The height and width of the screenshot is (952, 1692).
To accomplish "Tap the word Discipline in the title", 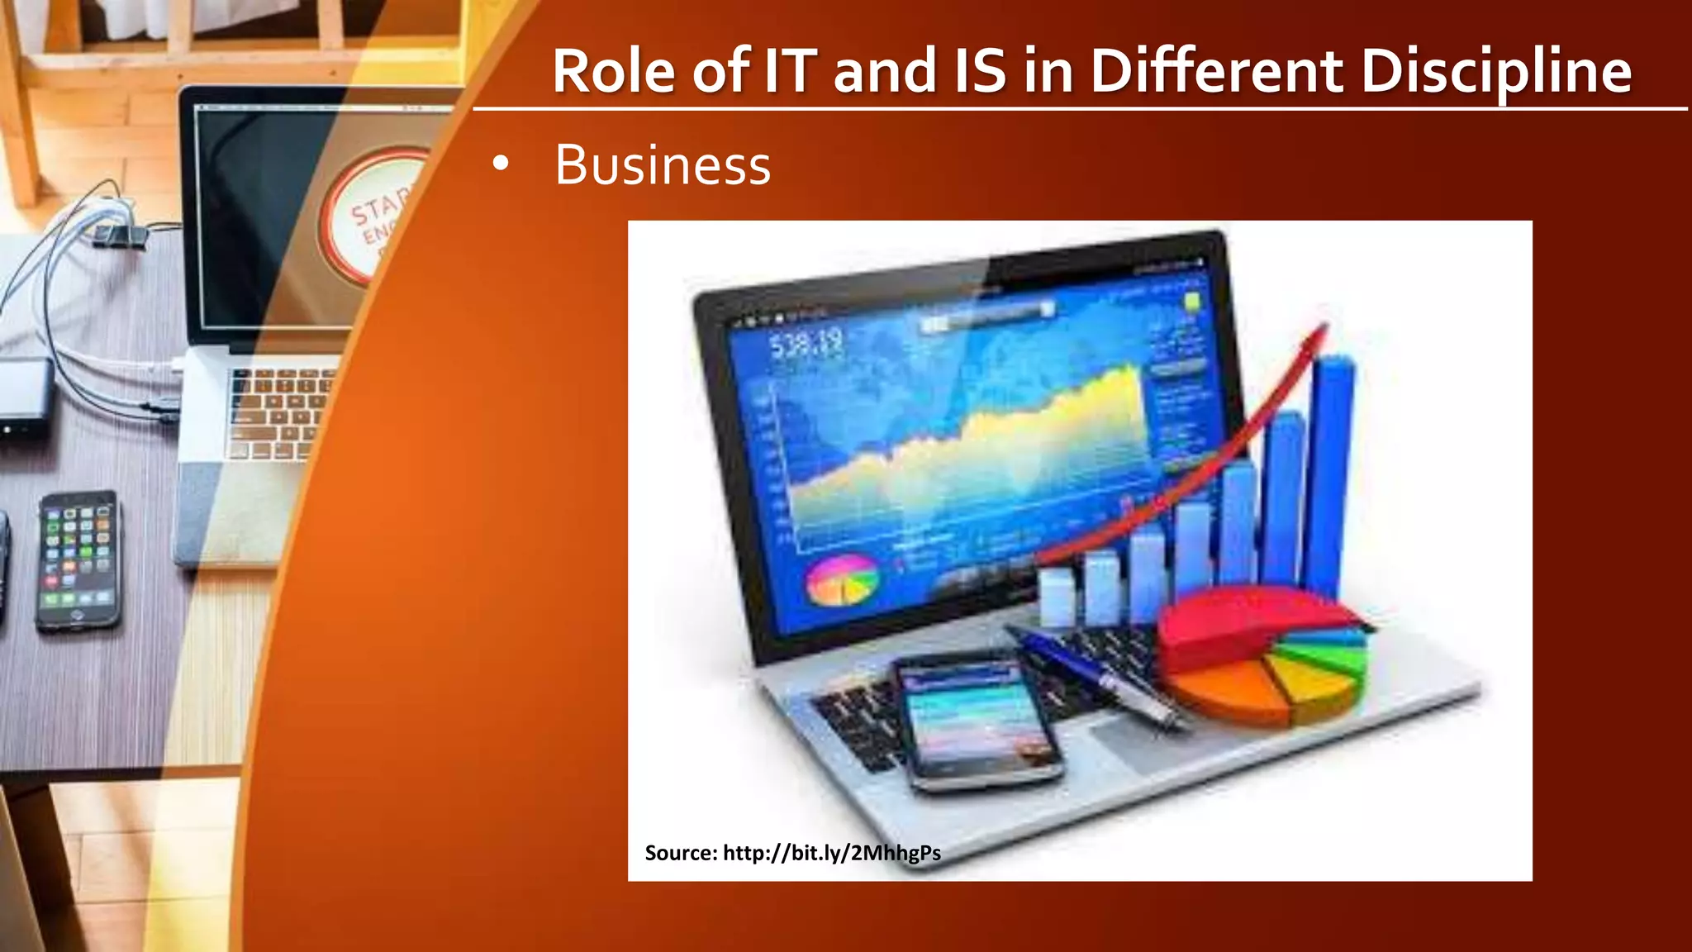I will tap(1495, 71).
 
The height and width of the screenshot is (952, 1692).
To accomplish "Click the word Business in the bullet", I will tap(663, 165).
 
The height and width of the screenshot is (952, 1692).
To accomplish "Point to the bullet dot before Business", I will tap(500, 164).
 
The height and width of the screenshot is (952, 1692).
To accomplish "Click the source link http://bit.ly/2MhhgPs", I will tap(831, 853).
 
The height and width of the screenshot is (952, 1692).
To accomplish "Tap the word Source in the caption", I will tap(680, 853).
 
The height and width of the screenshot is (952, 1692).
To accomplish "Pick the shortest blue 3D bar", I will tap(1057, 595).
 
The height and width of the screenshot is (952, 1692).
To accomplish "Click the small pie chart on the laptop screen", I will tap(841, 581).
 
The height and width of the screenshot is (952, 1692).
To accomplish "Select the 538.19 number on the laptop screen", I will tap(806, 344).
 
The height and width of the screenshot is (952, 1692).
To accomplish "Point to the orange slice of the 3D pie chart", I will tap(1223, 686).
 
